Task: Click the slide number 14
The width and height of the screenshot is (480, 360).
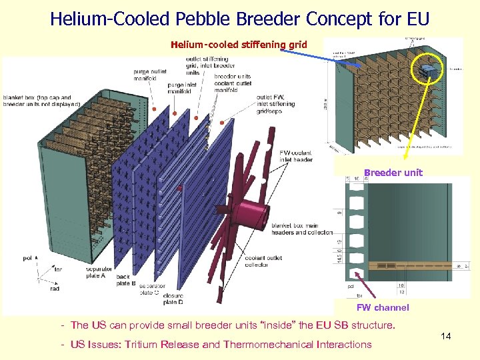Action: [x=446, y=336]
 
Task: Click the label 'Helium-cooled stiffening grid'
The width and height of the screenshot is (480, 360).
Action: [x=239, y=45]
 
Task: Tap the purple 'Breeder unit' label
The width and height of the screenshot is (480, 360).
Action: [x=393, y=173]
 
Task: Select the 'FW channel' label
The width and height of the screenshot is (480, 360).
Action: [x=383, y=307]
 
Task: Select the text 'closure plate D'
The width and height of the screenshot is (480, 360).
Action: [x=173, y=299]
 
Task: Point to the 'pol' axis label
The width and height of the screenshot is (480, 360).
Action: [x=27, y=257]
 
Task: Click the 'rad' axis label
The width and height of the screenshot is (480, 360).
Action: [x=55, y=289]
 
